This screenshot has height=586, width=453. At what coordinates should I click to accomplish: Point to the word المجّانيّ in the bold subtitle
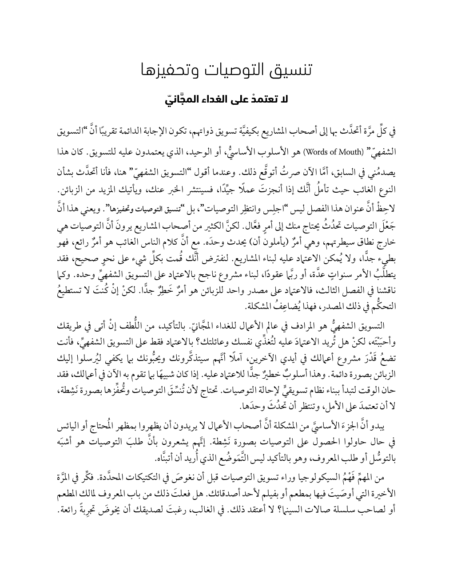pos(175,99)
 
